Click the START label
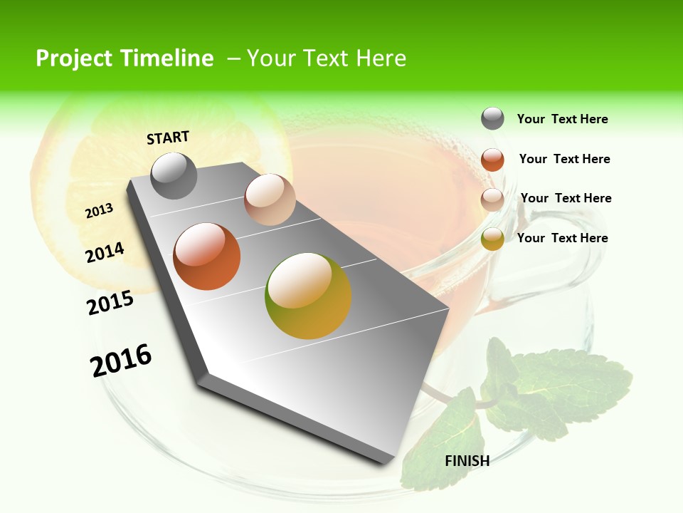[168, 138]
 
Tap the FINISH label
[467, 461]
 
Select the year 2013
[99, 211]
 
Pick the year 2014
[105, 253]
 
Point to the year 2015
[110, 303]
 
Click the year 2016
[121, 361]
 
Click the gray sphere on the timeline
[174, 175]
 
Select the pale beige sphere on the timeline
[270, 199]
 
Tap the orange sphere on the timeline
[207, 256]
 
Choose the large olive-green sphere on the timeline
[308, 296]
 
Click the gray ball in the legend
[492, 118]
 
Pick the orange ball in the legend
[492, 160]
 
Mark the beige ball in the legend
[492, 199]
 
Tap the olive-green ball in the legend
[492, 239]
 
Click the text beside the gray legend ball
[562, 120]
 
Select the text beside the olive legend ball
[562, 238]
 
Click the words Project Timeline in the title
[125, 58]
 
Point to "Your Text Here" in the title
[327, 58]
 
